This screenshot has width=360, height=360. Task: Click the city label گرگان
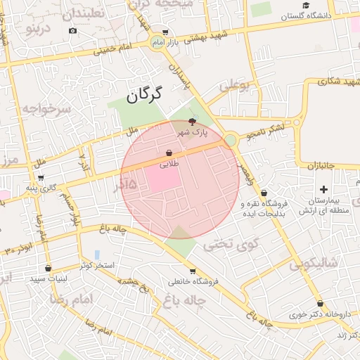click(144, 94)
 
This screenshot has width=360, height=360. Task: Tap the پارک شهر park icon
click(193, 122)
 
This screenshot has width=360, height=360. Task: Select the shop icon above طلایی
click(169, 153)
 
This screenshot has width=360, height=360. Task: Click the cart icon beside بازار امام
click(165, 32)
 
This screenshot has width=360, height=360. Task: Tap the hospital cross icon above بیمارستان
click(323, 189)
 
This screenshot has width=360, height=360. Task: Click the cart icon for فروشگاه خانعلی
click(193, 271)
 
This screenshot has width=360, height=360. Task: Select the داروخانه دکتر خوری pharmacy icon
click(320, 303)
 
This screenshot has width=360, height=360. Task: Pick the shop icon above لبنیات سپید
click(48, 268)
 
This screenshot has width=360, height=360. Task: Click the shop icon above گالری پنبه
click(41, 178)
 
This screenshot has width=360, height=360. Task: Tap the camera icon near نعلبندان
click(72, 31)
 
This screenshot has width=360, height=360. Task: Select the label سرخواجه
click(46, 109)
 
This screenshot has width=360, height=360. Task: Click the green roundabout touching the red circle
click(230, 141)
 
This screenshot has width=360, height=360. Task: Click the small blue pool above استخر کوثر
click(97, 254)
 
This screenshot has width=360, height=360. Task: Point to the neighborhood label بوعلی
click(234, 86)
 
